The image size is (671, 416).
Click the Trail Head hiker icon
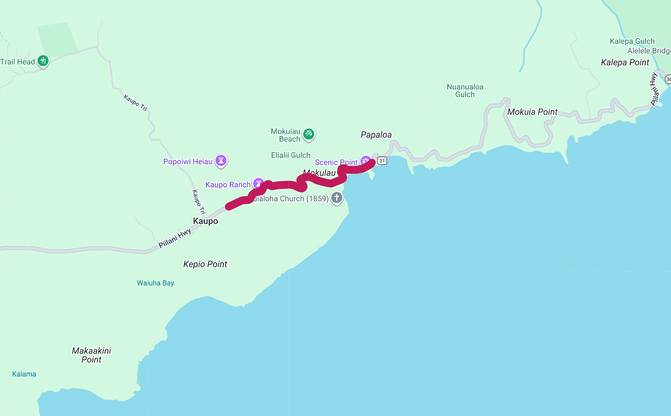43,61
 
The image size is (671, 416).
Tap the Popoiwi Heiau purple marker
221,160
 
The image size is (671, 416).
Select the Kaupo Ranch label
228,185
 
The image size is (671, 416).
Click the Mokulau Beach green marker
308,134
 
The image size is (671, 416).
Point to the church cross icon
337,197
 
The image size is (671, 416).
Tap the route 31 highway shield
382,161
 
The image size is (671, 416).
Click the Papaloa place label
376,135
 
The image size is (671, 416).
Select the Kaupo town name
205,221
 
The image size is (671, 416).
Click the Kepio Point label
205,264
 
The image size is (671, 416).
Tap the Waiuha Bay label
155,283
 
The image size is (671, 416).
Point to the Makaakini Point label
91,355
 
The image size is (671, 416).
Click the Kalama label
24,374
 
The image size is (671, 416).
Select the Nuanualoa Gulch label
465,91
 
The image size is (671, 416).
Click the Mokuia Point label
532,112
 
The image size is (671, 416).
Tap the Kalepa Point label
625,62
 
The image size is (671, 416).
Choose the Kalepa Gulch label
632,41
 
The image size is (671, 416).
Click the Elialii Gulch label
291,155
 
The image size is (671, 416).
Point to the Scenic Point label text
336,162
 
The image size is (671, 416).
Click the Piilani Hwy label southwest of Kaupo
174,238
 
